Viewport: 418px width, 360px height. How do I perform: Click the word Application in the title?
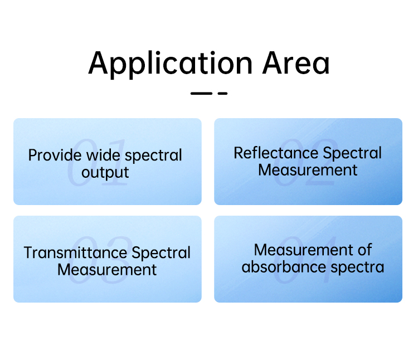click(171, 64)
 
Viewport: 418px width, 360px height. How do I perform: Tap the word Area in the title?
click(296, 63)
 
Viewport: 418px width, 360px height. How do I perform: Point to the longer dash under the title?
click(201, 93)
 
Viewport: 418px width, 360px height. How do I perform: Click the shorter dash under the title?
click(222, 93)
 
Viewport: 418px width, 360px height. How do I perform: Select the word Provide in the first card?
click(55, 155)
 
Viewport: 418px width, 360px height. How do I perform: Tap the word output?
click(105, 173)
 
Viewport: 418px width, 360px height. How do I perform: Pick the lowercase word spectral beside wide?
click(154, 155)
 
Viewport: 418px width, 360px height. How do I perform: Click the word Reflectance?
click(276, 153)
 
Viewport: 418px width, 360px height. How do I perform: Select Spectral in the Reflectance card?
click(352, 153)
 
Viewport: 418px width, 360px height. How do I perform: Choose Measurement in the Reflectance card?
click(308, 170)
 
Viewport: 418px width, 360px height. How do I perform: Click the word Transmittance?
click(75, 252)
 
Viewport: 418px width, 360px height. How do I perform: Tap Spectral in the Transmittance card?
click(161, 253)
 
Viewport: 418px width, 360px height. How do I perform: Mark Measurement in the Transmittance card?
click(107, 270)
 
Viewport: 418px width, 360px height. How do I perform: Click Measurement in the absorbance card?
click(303, 250)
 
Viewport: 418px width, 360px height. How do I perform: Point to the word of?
click(364, 250)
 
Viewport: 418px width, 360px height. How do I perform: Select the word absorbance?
click(284, 267)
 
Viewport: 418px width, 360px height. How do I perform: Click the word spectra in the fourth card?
click(357, 267)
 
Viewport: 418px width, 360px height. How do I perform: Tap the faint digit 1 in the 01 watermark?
click(116, 162)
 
